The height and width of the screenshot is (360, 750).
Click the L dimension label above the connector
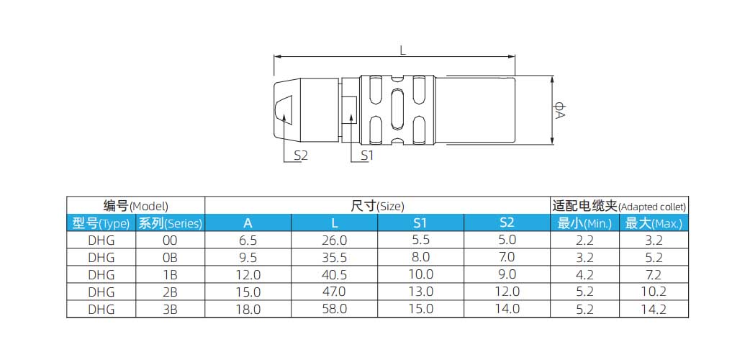(403, 50)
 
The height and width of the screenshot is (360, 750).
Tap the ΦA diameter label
(560, 109)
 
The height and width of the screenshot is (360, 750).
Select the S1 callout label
(367, 155)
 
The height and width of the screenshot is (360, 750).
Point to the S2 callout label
(300, 155)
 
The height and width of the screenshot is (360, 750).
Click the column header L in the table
(335, 222)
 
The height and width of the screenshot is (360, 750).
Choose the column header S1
(420, 222)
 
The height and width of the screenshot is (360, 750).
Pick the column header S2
(507, 222)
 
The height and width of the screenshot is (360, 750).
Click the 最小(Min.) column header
(584, 223)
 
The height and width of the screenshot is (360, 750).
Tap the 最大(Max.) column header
(654, 223)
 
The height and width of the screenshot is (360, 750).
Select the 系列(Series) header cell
(171, 223)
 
